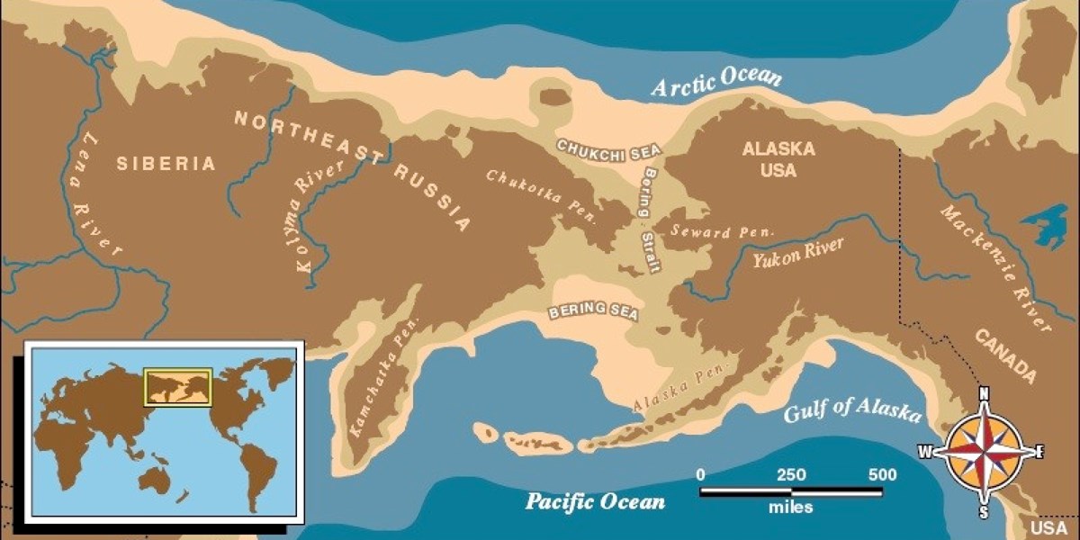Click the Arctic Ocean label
click(x=715, y=82)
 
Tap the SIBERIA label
click(x=166, y=164)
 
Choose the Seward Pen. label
click(x=722, y=231)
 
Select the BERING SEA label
click(x=594, y=311)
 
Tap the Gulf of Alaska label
click(x=851, y=411)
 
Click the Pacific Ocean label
click(x=595, y=500)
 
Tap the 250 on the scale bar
click(x=791, y=475)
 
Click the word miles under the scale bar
click(x=790, y=508)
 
